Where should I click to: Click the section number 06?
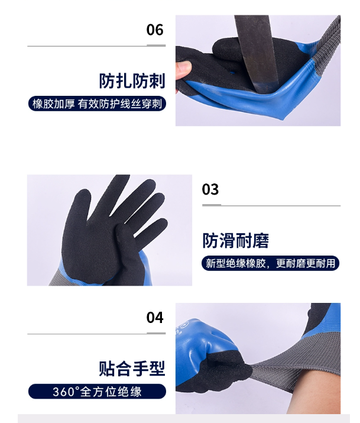(x=155, y=30)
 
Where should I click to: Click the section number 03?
(x=210, y=189)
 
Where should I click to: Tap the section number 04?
(x=155, y=318)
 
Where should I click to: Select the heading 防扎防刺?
(x=132, y=80)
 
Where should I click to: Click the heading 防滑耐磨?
(x=235, y=240)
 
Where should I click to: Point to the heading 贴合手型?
(x=132, y=369)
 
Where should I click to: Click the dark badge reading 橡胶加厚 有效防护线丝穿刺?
(x=97, y=104)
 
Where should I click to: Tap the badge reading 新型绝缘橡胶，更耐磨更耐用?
(x=270, y=263)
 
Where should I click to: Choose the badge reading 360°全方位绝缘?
(x=97, y=392)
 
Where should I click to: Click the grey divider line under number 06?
(x=96, y=46)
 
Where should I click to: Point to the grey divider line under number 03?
(x=271, y=205)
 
